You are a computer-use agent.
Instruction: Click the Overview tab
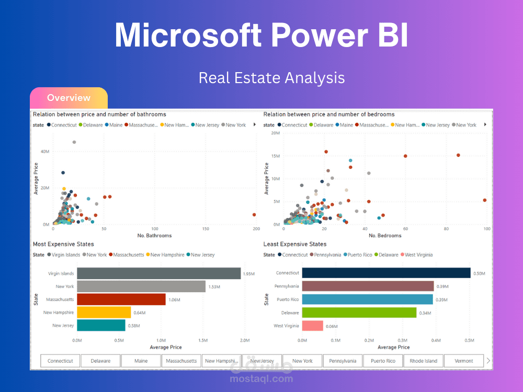pyautogui.click(x=69, y=98)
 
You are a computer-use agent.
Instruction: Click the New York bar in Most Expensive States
pyautogui.click(x=141, y=286)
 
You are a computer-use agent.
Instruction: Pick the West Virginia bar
pyautogui.click(x=312, y=326)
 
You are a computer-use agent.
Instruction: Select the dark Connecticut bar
pyautogui.click(x=386, y=273)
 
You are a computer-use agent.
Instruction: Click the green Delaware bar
pyautogui.click(x=359, y=313)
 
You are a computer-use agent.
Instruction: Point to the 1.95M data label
pyautogui.click(x=248, y=273)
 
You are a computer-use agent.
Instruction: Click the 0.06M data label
pyautogui.click(x=331, y=326)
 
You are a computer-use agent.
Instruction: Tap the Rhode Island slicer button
pyautogui.click(x=423, y=361)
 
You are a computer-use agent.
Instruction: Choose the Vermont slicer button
pyautogui.click(x=463, y=361)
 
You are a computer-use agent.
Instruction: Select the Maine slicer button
pyautogui.click(x=141, y=361)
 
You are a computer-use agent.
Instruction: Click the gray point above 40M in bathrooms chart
pyautogui.click(x=74, y=142)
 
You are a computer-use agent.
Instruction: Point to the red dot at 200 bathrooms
pyautogui.click(x=254, y=214)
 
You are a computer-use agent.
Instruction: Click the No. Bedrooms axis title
pyautogui.click(x=385, y=236)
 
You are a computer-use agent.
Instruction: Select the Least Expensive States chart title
pyautogui.click(x=295, y=244)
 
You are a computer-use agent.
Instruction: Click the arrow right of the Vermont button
pyautogui.click(x=488, y=361)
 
